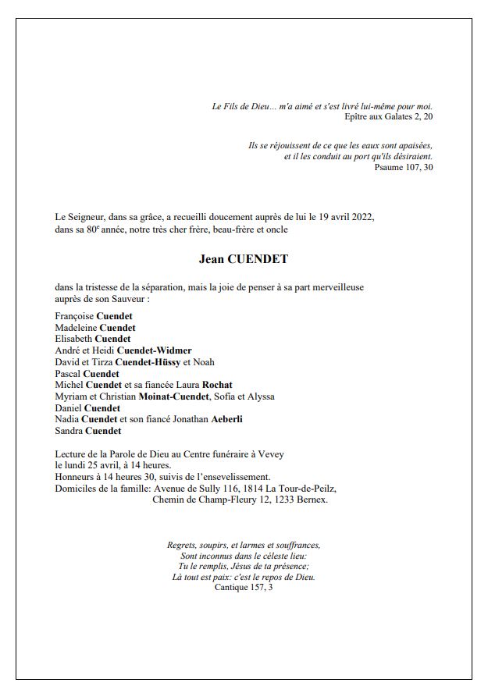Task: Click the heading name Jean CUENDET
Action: point(243,259)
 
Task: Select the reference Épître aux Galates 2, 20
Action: point(388,117)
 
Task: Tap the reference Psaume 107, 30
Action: point(403,167)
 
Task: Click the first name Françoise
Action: point(74,316)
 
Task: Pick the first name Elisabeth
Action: point(73,340)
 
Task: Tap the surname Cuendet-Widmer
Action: point(154,351)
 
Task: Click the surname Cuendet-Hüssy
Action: point(148,362)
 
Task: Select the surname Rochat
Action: point(218,385)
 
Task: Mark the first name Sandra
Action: point(68,431)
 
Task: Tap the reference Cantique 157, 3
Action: point(244,587)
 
